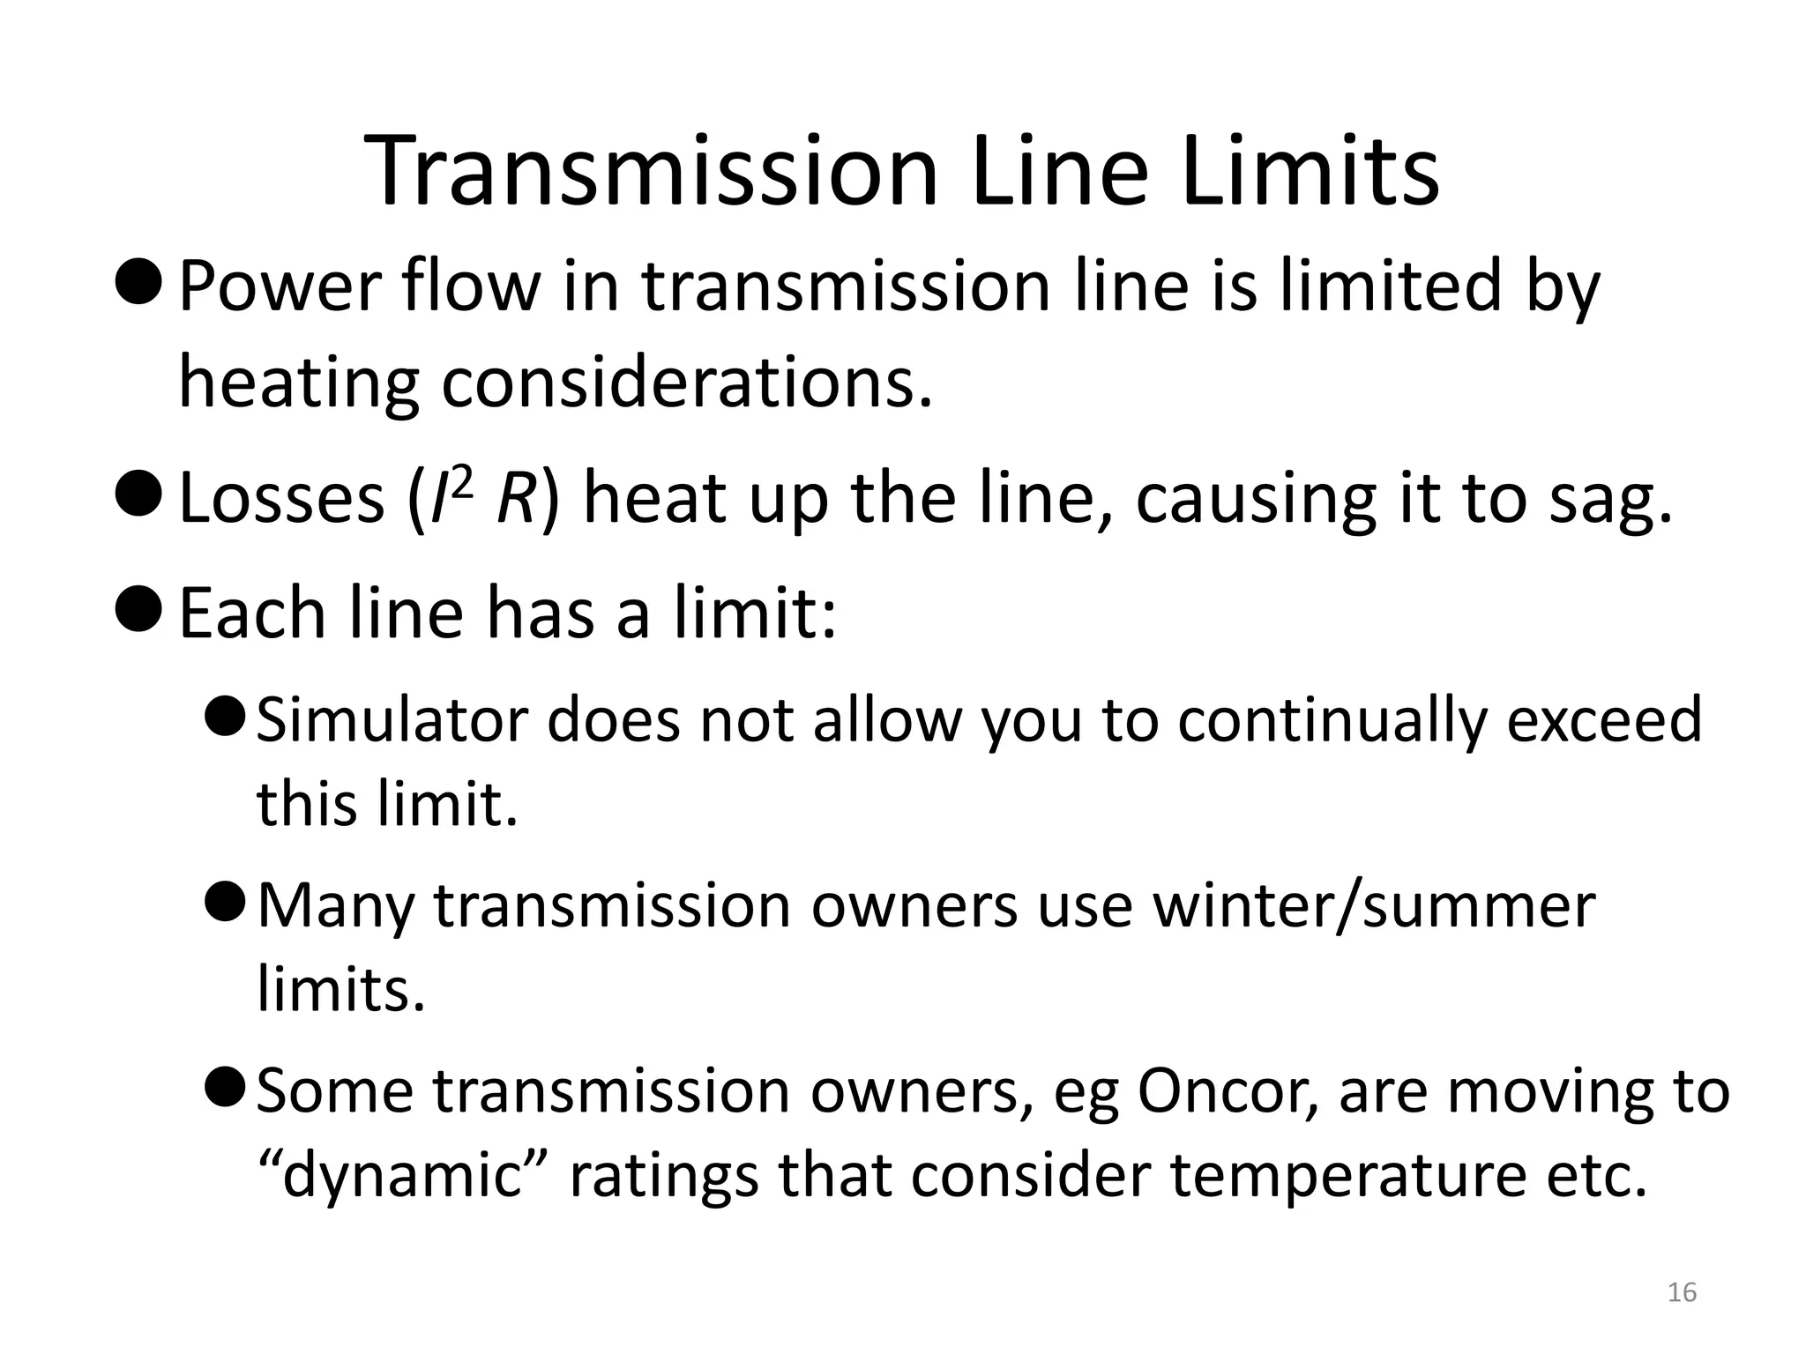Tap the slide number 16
pos(1683,1293)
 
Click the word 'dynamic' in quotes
pos(404,1176)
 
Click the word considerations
pos(686,384)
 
